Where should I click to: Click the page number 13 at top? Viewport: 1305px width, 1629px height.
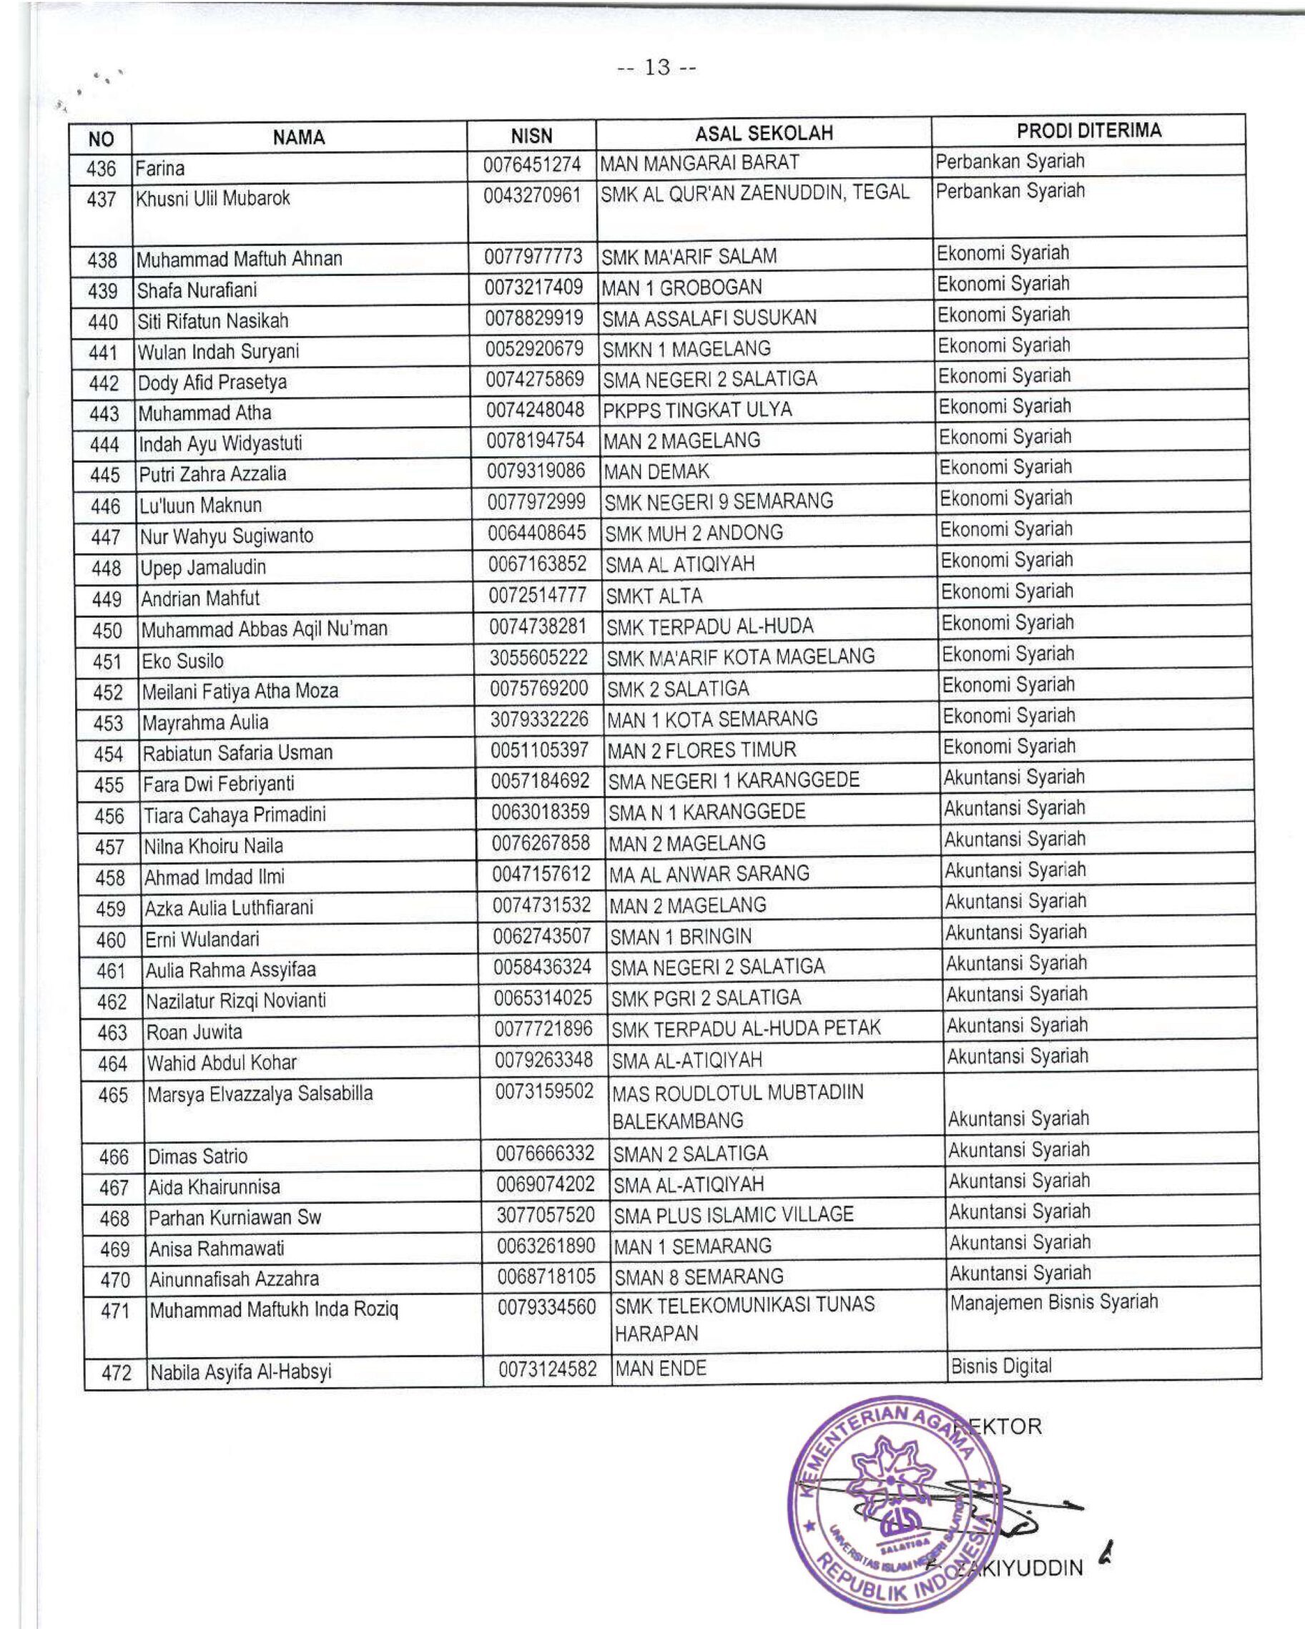point(656,68)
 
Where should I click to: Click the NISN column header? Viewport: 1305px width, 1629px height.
point(531,136)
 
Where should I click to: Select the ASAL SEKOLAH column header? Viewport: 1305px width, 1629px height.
point(763,134)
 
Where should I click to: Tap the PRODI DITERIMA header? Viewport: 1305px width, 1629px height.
point(1088,131)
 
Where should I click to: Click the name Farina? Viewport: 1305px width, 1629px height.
point(160,168)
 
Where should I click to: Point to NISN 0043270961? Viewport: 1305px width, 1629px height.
point(532,196)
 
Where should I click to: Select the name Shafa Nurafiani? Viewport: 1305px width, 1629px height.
point(197,290)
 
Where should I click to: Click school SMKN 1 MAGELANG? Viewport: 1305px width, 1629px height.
point(686,349)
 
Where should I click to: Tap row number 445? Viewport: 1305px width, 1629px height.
point(105,476)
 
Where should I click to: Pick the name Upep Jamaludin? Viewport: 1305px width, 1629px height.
point(202,567)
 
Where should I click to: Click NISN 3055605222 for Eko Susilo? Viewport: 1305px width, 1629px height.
point(538,657)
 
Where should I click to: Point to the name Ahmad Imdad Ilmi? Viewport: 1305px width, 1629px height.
point(215,877)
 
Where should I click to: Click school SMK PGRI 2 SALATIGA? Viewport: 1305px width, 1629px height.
point(705,998)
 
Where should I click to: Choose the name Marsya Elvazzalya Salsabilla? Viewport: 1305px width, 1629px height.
point(260,1094)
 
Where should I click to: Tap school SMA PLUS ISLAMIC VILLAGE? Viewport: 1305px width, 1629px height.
point(733,1215)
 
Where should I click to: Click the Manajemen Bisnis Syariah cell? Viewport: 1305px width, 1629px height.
point(1053,1303)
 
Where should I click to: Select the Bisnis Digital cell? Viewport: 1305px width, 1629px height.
point(1000,1366)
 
